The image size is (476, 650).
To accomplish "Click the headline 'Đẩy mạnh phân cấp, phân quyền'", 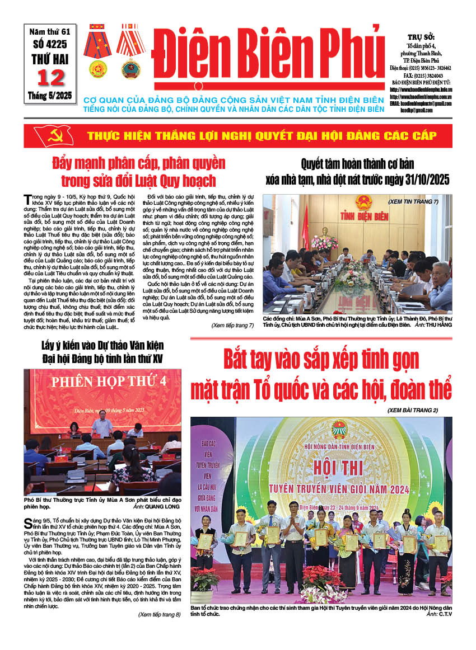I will tap(138, 164).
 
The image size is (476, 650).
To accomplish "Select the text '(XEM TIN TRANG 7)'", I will tap(413, 201).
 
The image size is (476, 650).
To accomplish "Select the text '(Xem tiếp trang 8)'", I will tap(159, 615).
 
